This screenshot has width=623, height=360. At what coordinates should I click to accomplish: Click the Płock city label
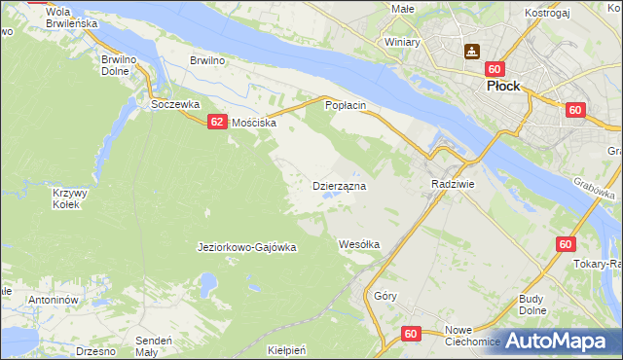coord(506,86)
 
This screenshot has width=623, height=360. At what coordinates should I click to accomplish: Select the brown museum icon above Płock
coord(472,52)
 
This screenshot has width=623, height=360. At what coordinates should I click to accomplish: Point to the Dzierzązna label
coord(339,185)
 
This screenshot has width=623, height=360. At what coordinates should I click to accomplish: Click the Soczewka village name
coord(175,103)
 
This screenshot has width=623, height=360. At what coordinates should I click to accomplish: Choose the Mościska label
coord(254,124)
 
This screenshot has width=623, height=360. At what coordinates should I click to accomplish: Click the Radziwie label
coord(452,183)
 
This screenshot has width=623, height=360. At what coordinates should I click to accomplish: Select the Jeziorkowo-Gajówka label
coord(246,247)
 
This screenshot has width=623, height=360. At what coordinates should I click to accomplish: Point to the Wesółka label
coord(358,244)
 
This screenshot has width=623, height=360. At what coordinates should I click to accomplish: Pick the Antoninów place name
coord(53,300)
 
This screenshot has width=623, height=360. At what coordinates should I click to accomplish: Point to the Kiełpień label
coord(286,348)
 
